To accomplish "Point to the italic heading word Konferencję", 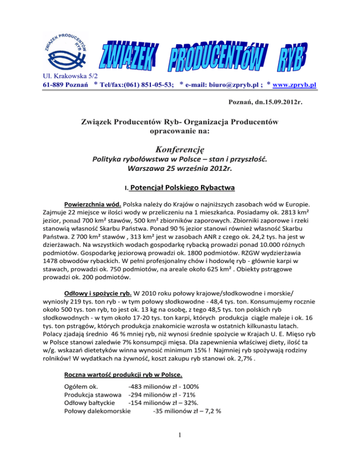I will click(180, 148).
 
